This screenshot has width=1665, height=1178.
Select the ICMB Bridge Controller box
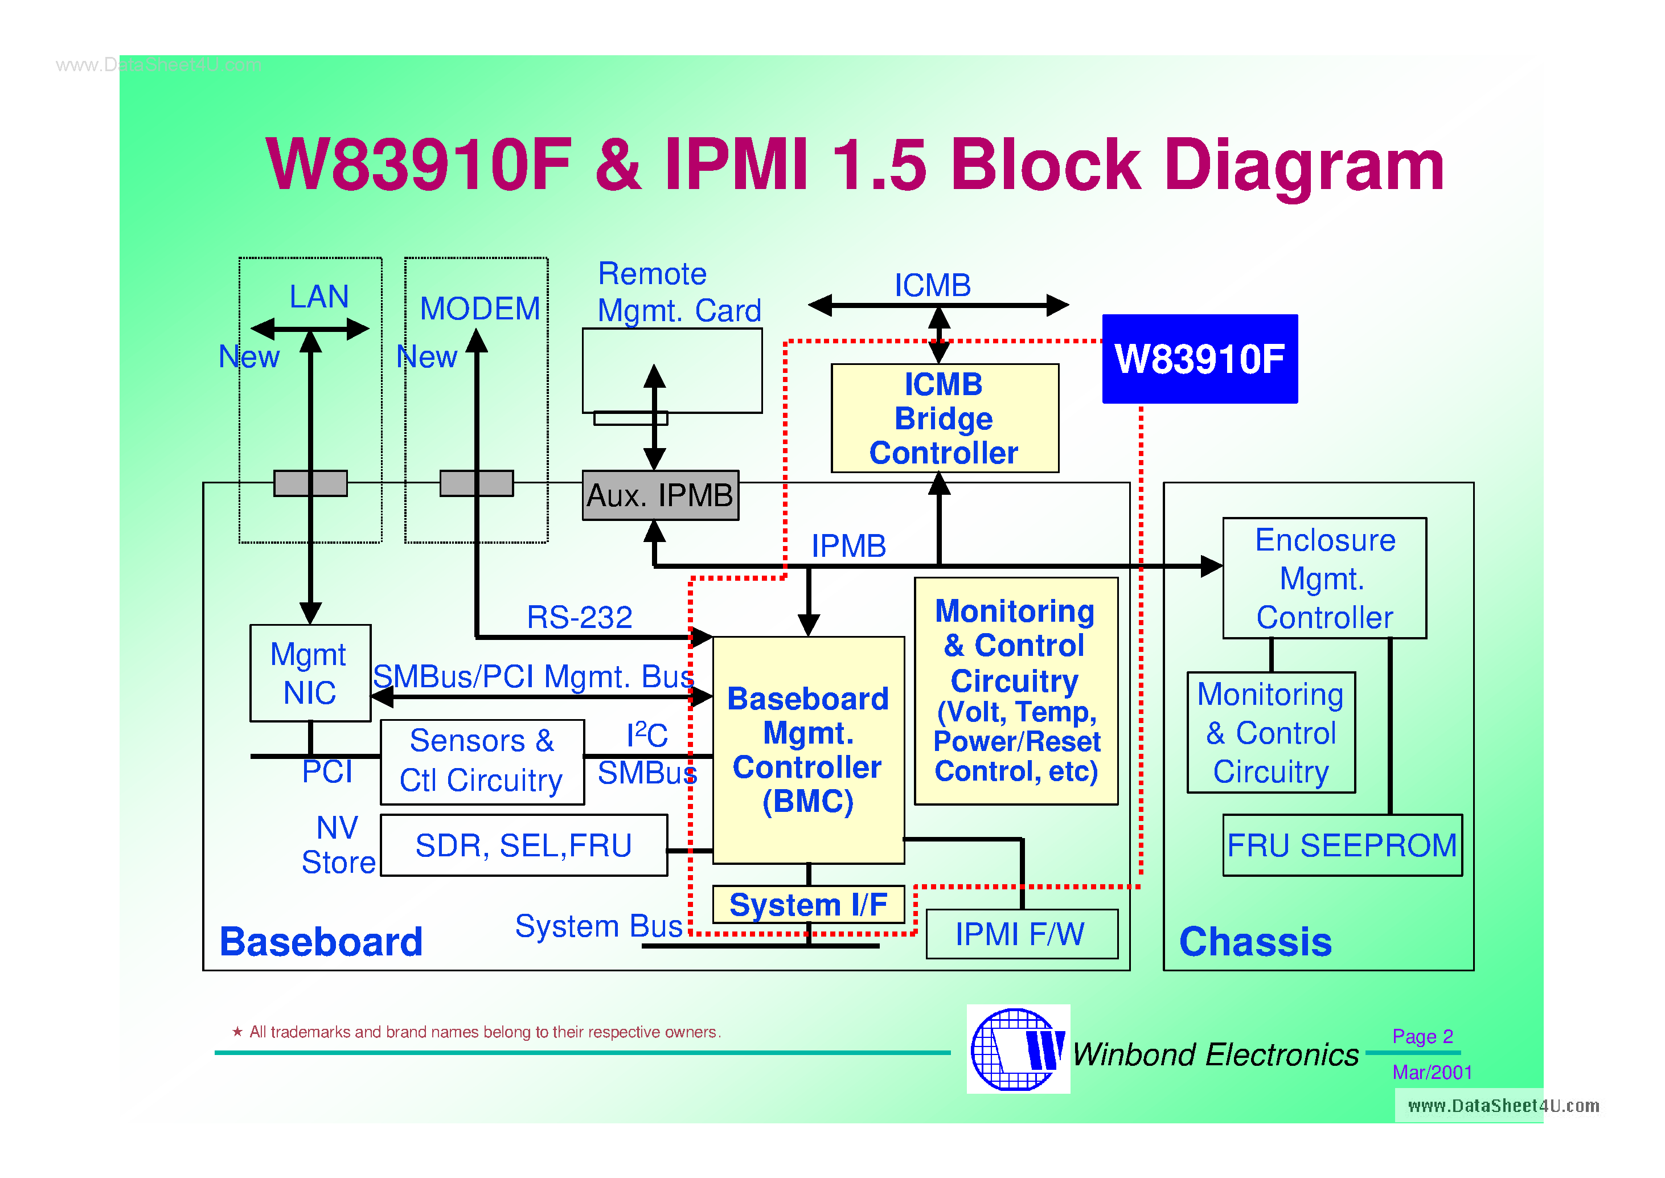944,418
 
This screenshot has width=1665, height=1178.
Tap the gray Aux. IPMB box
659,495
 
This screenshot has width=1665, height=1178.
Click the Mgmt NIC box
310,673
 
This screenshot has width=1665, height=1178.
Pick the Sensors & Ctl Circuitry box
482,762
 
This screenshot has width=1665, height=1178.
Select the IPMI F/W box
1021,934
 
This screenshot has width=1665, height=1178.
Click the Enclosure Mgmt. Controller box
1324,578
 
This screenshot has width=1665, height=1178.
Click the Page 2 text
1422,1037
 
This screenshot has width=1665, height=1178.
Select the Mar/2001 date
1432,1072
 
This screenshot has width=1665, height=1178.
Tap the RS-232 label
579,617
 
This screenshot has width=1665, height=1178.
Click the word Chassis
1255,942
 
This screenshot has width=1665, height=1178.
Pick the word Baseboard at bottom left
321,942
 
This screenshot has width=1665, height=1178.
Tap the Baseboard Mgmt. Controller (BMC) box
807,750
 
